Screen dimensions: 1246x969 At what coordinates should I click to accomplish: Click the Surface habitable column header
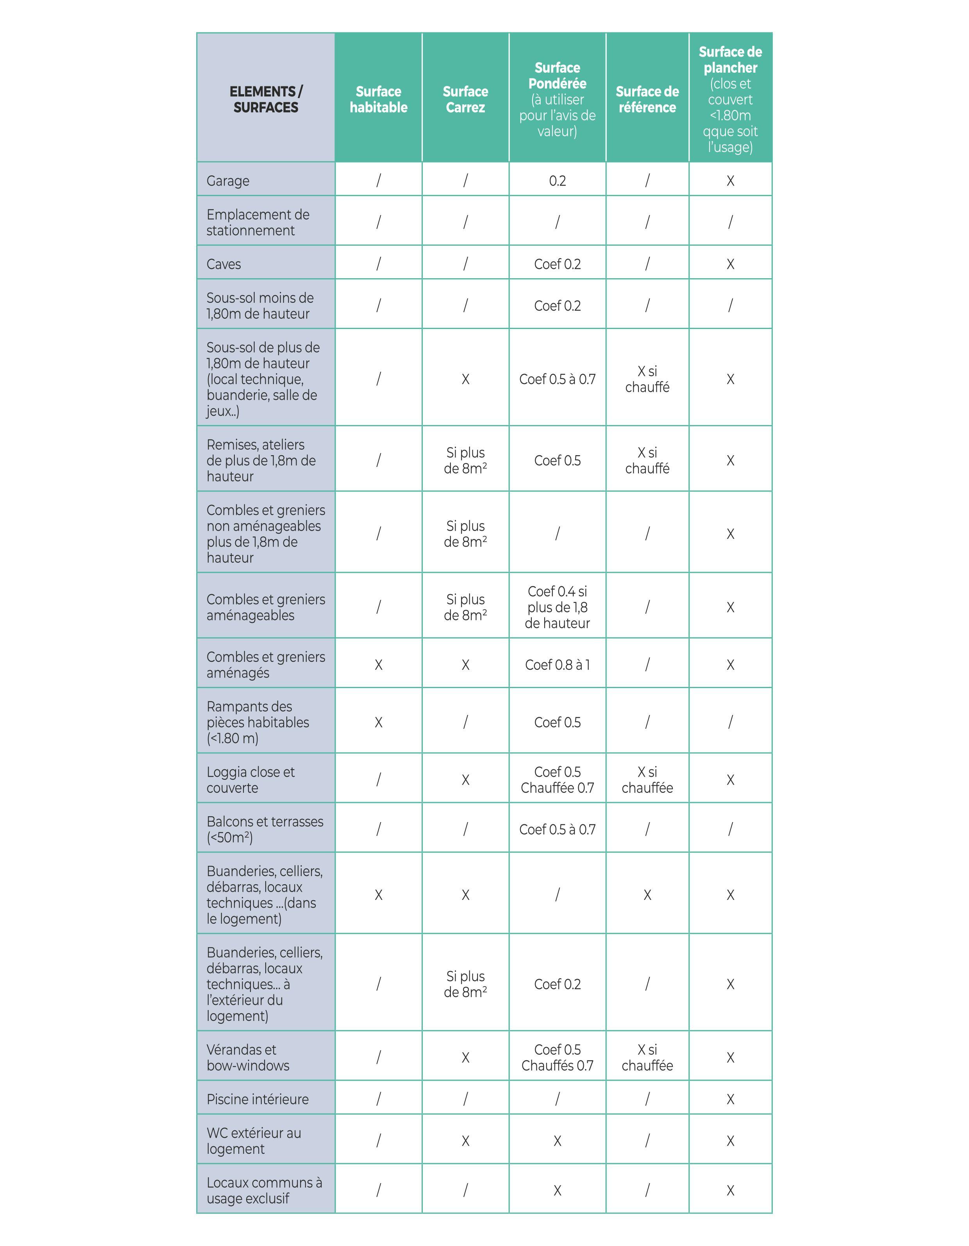pyautogui.click(x=378, y=99)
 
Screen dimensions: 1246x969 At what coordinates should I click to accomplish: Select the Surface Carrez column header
pyautogui.click(x=465, y=99)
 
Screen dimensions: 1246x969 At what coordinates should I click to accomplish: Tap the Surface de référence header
pyautogui.click(x=647, y=99)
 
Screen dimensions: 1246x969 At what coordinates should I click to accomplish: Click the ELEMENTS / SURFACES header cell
pyautogui.click(x=266, y=99)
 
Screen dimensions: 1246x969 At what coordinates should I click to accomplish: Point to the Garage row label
pyautogui.click(x=228, y=181)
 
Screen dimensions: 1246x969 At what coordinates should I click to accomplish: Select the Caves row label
pyautogui.click(x=224, y=264)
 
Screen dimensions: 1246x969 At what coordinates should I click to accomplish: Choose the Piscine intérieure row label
pyautogui.click(x=257, y=1099)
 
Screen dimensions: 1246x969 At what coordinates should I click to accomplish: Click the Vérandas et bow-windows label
pyautogui.click(x=248, y=1058)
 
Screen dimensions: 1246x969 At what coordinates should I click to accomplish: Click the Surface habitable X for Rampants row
pyautogui.click(x=378, y=722)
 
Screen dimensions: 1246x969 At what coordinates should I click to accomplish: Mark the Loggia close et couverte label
pyautogui.click(x=250, y=780)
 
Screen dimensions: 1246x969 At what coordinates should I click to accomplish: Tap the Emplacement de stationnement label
pyautogui.click(x=257, y=222)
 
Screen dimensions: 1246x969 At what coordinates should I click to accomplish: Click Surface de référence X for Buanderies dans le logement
pyautogui.click(x=647, y=895)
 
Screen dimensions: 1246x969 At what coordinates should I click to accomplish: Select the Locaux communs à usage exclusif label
pyautogui.click(x=264, y=1191)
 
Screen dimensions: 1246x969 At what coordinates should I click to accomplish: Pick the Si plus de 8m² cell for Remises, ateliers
pyautogui.click(x=465, y=460)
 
